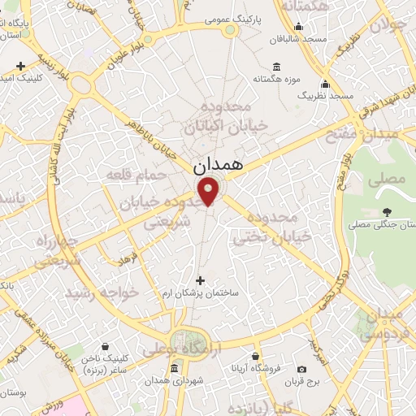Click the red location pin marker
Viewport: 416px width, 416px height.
tap(210, 191)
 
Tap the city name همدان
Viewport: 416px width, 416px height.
tap(219, 164)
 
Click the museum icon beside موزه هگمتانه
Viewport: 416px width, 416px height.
tap(277, 67)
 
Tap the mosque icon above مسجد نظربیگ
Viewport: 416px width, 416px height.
tap(325, 84)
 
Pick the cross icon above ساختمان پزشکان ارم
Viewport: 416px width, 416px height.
tap(201, 280)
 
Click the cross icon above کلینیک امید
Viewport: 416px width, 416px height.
tap(19, 65)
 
